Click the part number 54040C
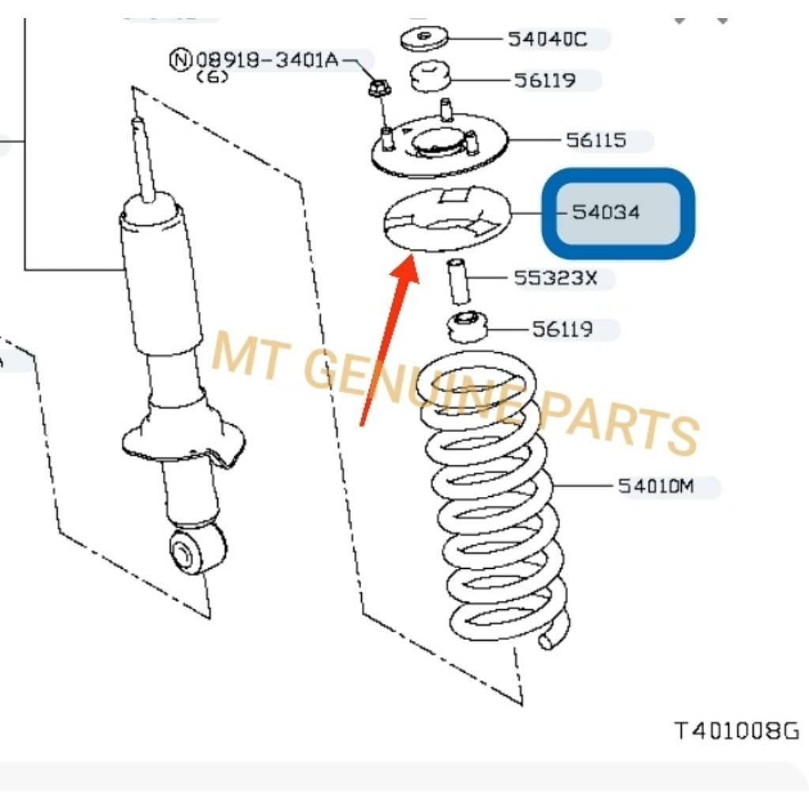[x=547, y=38]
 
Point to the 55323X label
[x=555, y=278]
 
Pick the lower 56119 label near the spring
[x=563, y=329]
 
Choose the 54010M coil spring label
[x=655, y=487]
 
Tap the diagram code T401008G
[x=736, y=731]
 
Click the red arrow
[x=387, y=340]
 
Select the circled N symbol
[x=181, y=59]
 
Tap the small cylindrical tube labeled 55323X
[x=459, y=280]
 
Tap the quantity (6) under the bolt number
[x=211, y=77]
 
